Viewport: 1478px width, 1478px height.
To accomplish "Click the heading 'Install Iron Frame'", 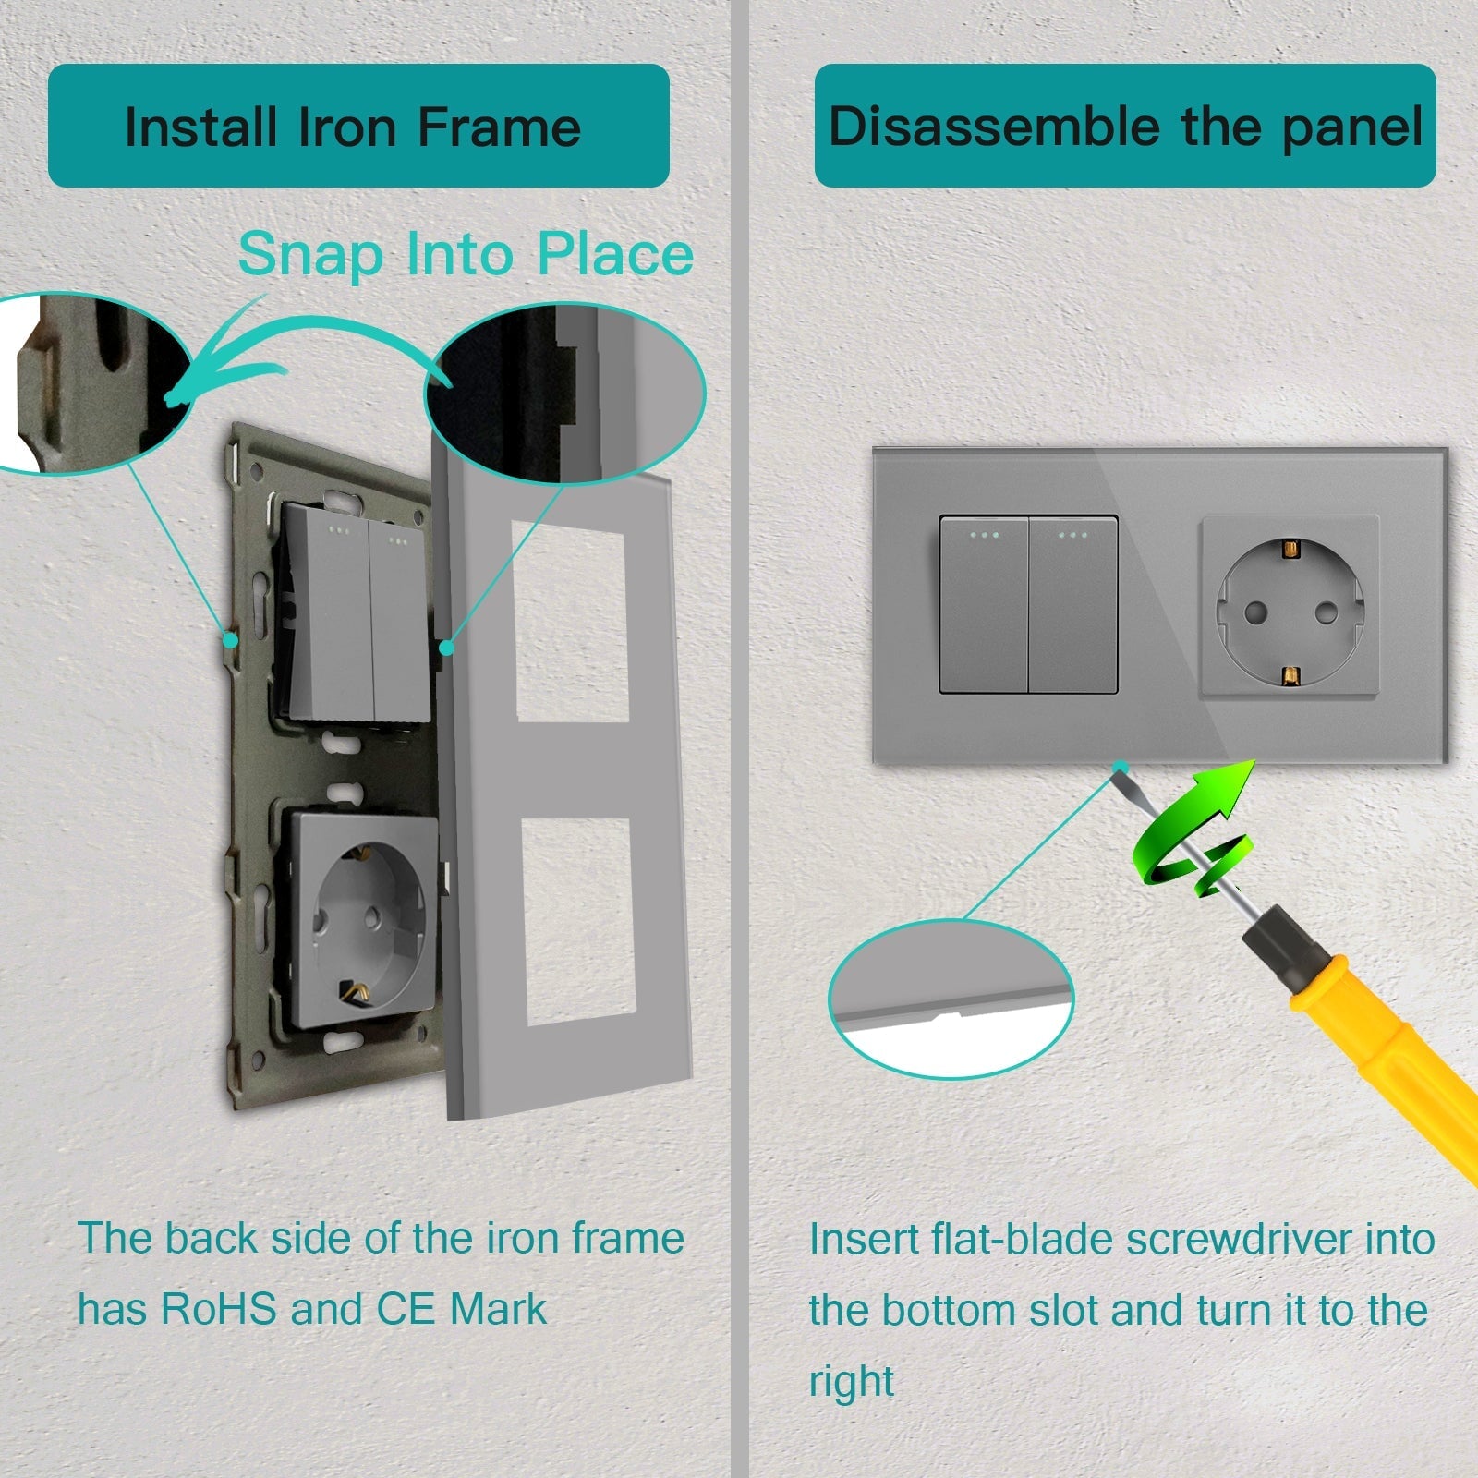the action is coord(353,127).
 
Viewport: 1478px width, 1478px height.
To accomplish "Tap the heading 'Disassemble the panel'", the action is coord(1125,127).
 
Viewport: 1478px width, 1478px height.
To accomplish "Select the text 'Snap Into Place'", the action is coord(466,254).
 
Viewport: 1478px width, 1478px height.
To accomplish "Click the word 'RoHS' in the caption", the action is coord(218,1309).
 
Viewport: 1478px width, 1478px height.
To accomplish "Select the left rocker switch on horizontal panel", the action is coord(984,604).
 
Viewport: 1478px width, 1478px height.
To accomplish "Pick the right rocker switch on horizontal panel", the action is coord(1072,604).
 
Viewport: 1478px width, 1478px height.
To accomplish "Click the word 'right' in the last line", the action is coord(851,1382).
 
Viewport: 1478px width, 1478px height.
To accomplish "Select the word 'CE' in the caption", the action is coord(406,1309).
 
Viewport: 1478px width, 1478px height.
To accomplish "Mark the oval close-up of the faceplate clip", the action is coord(565,392).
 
